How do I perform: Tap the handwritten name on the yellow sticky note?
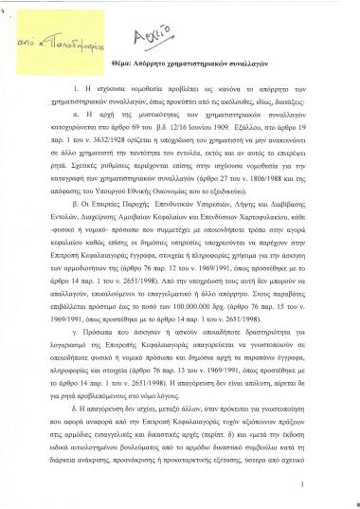[x=62, y=42]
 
